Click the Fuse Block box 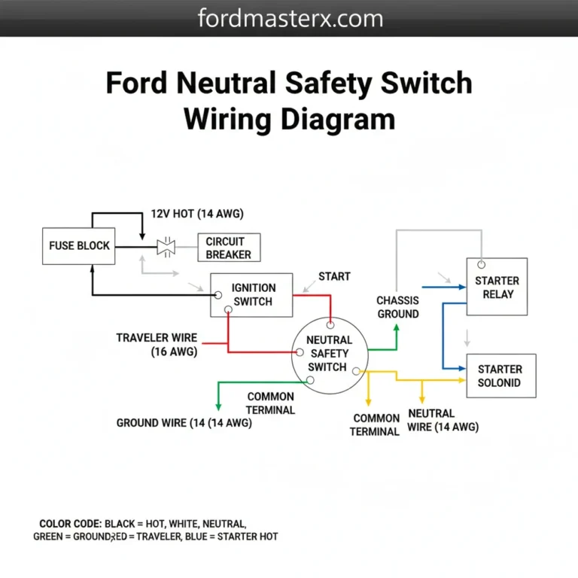(x=79, y=245)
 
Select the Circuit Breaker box (x=229, y=247)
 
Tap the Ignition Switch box (x=251, y=294)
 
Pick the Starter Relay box (x=497, y=287)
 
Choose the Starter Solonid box (x=500, y=376)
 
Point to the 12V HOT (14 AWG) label (x=197, y=214)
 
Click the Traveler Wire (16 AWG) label (x=157, y=345)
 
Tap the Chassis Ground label (x=397, y=307)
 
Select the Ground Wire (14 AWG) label (x=184, y=423)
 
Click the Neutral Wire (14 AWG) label (x=443, y=420)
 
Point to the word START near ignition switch (x=334, y=276)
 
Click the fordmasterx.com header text (x=289, y=18)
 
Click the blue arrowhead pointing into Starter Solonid (x=460, y=368)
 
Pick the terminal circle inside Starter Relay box (x=481, y=266)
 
